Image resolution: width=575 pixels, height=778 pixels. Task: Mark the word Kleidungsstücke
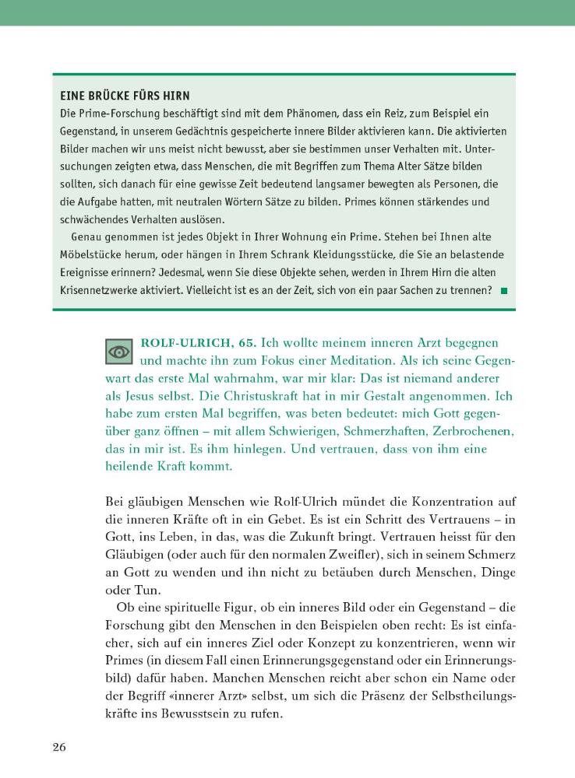344,254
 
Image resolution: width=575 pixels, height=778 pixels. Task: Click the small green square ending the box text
503,291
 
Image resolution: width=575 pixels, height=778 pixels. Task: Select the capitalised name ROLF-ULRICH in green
180,343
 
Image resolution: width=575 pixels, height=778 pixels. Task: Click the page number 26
60,748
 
